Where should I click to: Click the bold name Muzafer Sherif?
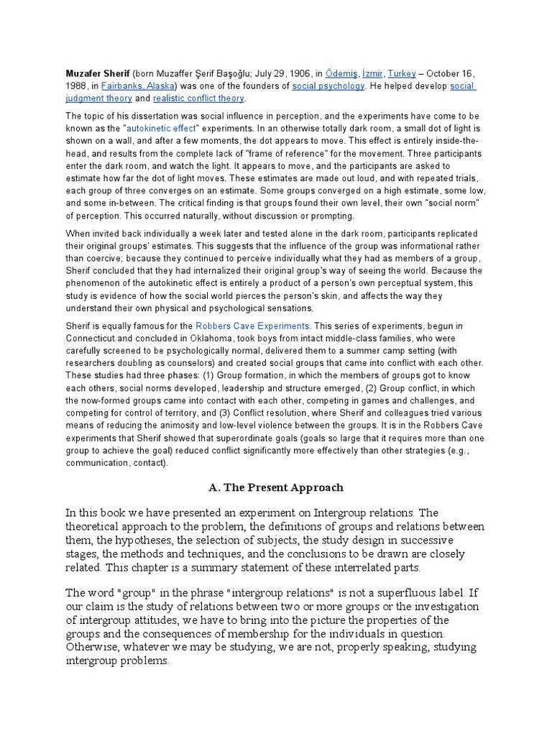(97, 74)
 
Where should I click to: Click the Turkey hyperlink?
(402, 74)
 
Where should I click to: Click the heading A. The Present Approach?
(276, 487)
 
